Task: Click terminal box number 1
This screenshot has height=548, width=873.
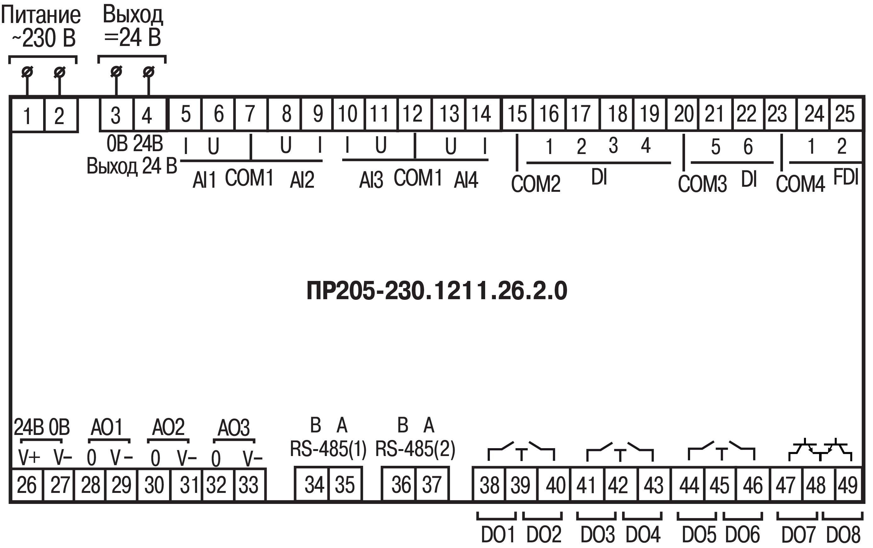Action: (27, 115)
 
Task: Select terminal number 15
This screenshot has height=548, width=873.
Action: (517, 114)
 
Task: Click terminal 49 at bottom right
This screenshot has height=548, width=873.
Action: (847, 485)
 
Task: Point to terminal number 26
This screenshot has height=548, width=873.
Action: (27, 485)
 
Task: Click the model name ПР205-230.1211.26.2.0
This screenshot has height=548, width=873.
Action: (436, 291)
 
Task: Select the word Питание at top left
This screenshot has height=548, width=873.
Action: (41, 15)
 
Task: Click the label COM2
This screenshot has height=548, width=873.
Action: (536, 183)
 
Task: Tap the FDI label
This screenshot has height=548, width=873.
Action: (846, 177)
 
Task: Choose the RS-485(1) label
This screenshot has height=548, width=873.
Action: (328, 449)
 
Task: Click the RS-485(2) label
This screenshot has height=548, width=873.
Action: (415, 449)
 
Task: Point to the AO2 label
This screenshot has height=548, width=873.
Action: (168, 427)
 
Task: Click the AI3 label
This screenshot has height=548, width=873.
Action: (371, 180)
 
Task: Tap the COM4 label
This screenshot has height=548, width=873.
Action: (801, 183)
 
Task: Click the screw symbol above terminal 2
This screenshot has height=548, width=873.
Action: (60, 72)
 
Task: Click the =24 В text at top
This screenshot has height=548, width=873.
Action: (133, 38)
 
